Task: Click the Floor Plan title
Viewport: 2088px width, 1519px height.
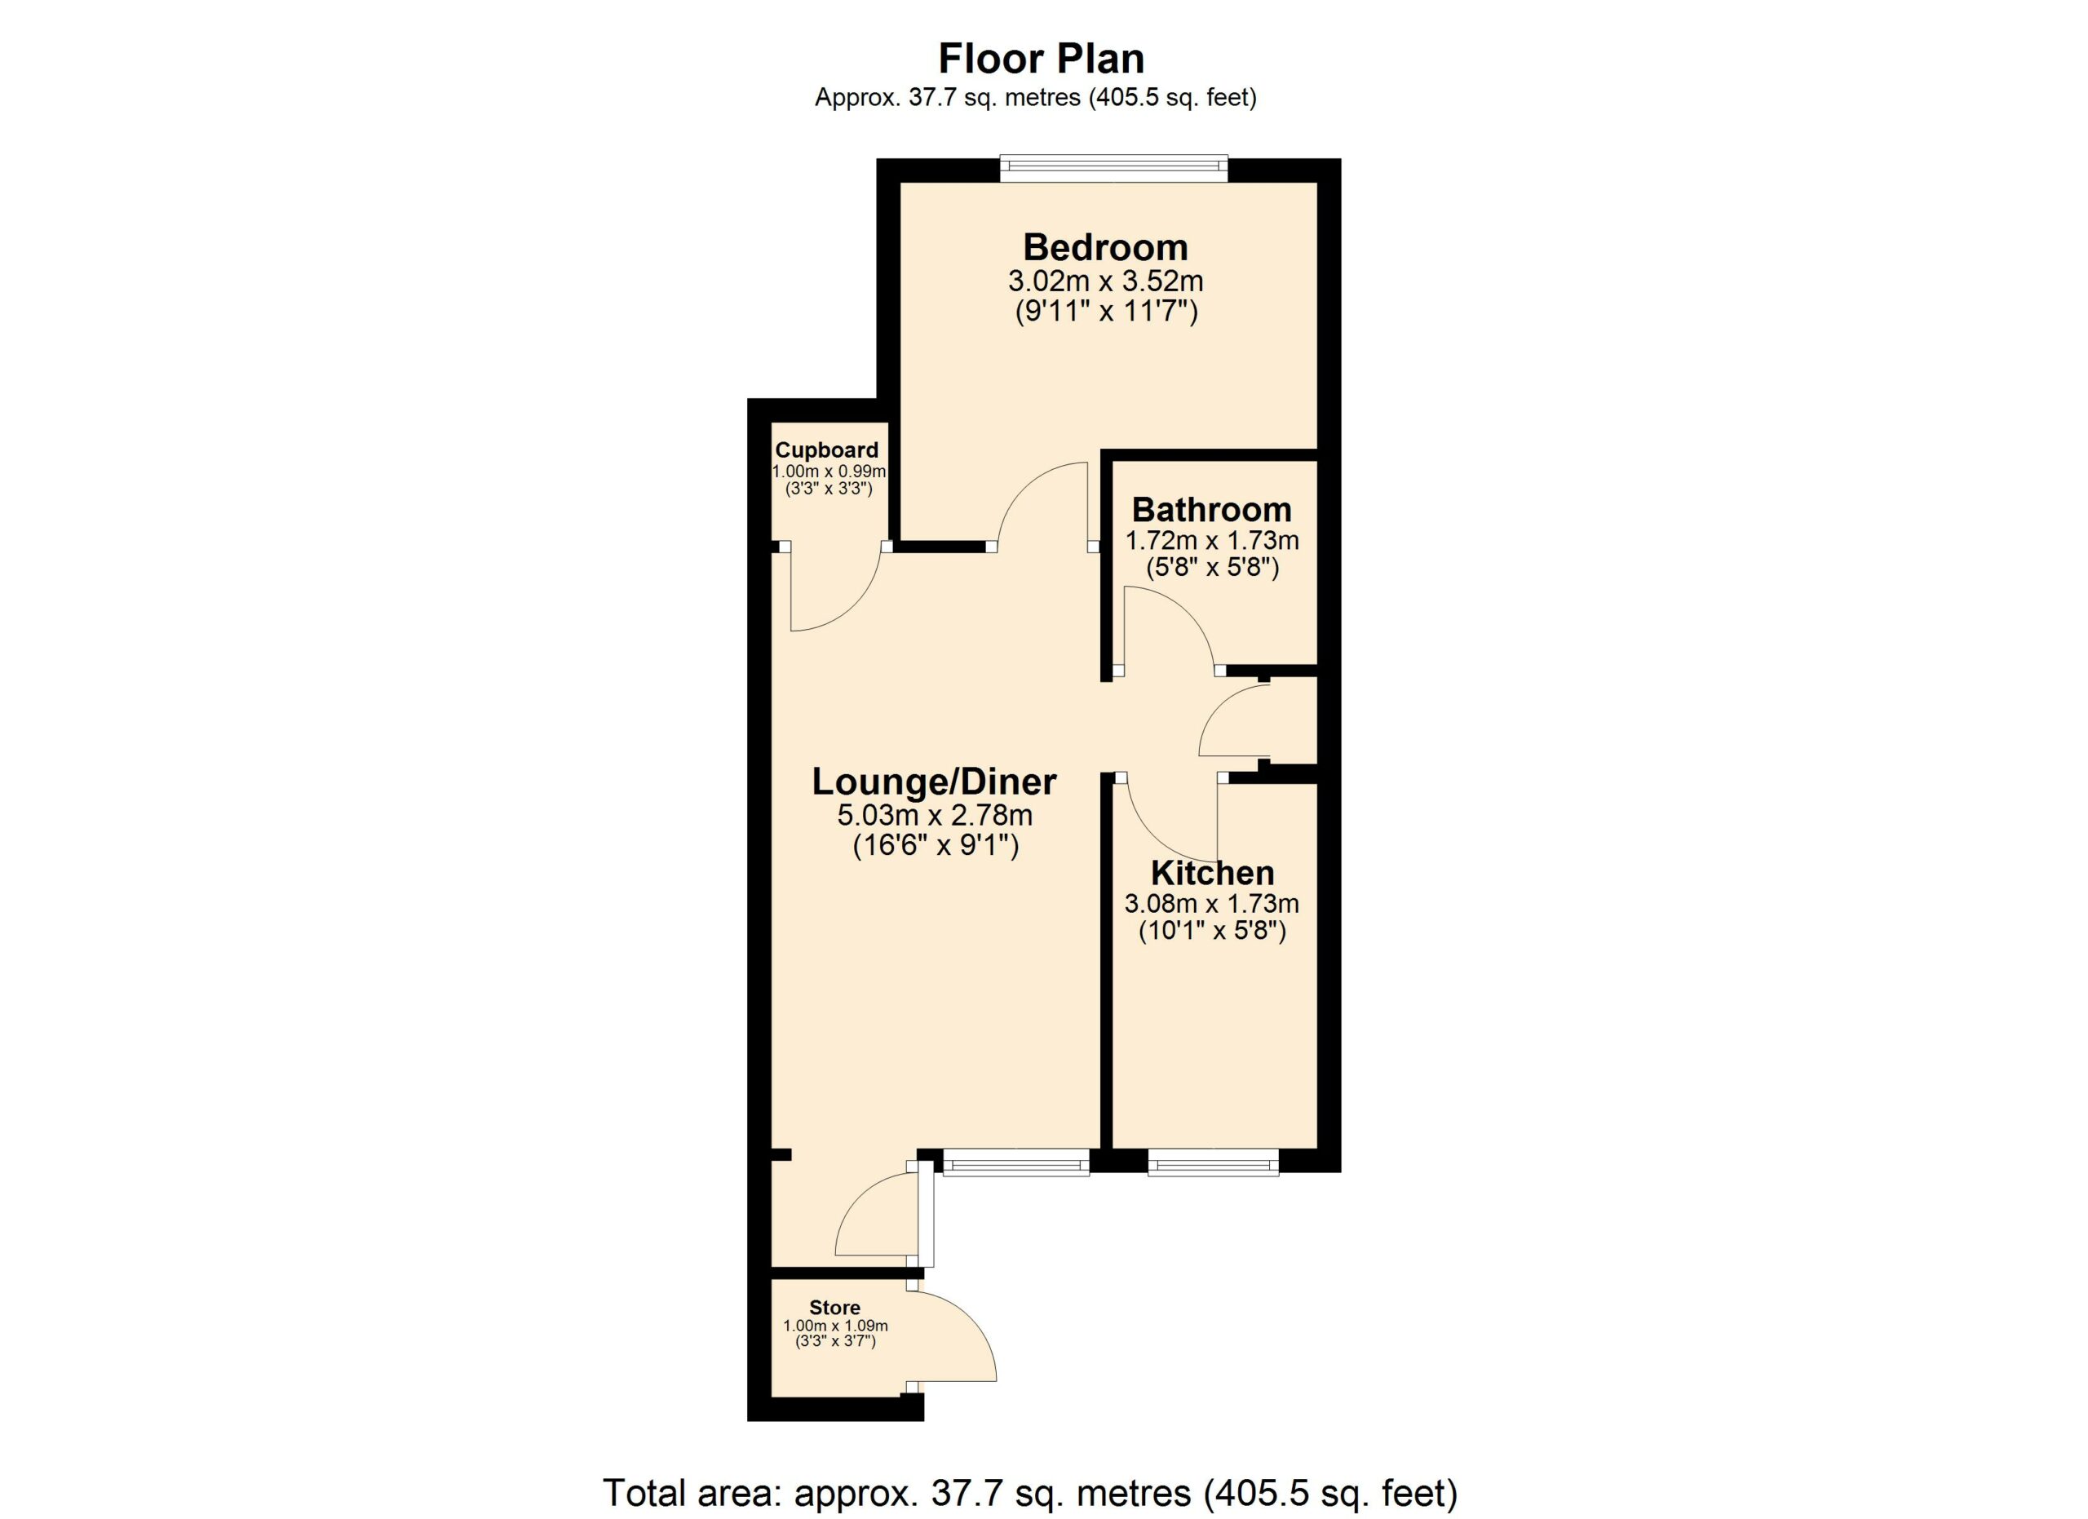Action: tap(1042, 59)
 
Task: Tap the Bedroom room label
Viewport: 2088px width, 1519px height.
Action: tap(1106, 248)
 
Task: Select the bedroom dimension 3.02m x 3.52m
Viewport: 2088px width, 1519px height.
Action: tap(1106, 280)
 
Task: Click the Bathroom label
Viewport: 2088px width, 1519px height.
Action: tap(1211, 509)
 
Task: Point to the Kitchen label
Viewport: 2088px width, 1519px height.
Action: tap(1213, 873)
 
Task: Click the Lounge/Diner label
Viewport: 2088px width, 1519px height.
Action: tap(935, 782)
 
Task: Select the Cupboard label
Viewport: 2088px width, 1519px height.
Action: tap(827, 450)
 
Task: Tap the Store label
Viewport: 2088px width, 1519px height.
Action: tap(835, 1307)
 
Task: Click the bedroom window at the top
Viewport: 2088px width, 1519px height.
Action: tap(1114, 166)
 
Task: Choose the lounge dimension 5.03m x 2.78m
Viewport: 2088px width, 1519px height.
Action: tap(935, 816)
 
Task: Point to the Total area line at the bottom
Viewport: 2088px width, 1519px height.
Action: tap(1030, 1493)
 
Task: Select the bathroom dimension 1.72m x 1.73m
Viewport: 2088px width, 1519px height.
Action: tap(1211, 540)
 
